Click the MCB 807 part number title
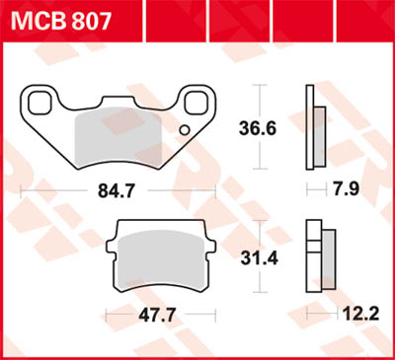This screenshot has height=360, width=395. point(59,19)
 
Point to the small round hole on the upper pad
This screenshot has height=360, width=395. point(182,131)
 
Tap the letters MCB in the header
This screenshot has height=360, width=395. point(37,19)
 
